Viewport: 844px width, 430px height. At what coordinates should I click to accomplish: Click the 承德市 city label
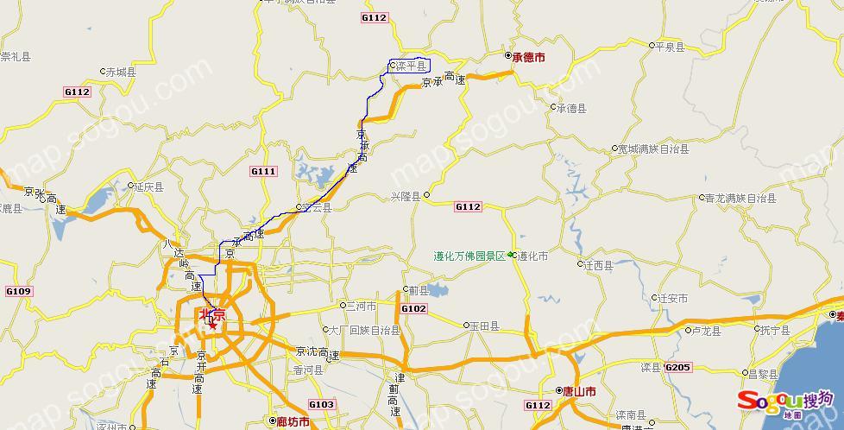tap(528, 57)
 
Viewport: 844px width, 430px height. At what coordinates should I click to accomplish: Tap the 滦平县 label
tap(411, 66)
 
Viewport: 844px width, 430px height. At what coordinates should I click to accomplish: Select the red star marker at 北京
tap(212, 325)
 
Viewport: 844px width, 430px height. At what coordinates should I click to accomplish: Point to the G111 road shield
tap(263, 172)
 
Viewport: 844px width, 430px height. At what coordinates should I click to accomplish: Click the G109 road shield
tap(18, 292)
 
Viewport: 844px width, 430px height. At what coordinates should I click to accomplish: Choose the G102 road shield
tap(413, 308)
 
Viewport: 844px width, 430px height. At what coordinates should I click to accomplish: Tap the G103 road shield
tap(321, 404)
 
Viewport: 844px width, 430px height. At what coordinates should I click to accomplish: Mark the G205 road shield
tap(678, 368)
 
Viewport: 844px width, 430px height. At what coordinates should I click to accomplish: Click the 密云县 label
tap(316, 207)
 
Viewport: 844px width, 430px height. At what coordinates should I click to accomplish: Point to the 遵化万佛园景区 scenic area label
tap(469, 256)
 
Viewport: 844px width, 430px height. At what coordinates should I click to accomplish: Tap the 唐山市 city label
tap(579, 391)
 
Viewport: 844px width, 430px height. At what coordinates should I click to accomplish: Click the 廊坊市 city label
tap(293, 422)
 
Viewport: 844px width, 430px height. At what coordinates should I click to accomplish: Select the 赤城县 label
tap(121, 72)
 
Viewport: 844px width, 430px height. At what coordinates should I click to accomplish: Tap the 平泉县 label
tap(671, 47)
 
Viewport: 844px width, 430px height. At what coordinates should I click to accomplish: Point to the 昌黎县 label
tap(763, 374)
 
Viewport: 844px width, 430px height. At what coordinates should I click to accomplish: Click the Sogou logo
tap(784, 401)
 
